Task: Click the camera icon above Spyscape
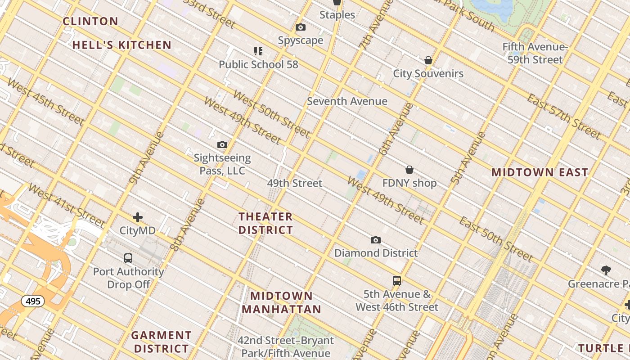tap(301, 27)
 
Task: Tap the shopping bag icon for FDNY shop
tap(409, 170)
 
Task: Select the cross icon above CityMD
tap(138, 218)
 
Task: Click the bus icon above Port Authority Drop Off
tap(128, 258)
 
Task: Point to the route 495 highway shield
tap(33, 301)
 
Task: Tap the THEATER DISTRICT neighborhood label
tap(265, 223)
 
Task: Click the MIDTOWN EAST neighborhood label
tap(540, 172)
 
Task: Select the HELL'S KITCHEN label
tap(122, 45)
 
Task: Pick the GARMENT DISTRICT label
tap(161, 342)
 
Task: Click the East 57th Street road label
tap(564, 117)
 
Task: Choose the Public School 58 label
tap(258, 64)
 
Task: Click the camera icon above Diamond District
tap(376, 240)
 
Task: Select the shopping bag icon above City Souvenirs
tap(428, 60)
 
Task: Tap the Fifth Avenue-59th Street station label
tap(535, 53)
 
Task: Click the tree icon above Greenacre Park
tap(606, 270)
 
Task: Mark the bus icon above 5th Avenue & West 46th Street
tap(396, 281)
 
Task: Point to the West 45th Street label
tap(46, 103)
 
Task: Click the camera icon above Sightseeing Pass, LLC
tap(222, 145)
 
